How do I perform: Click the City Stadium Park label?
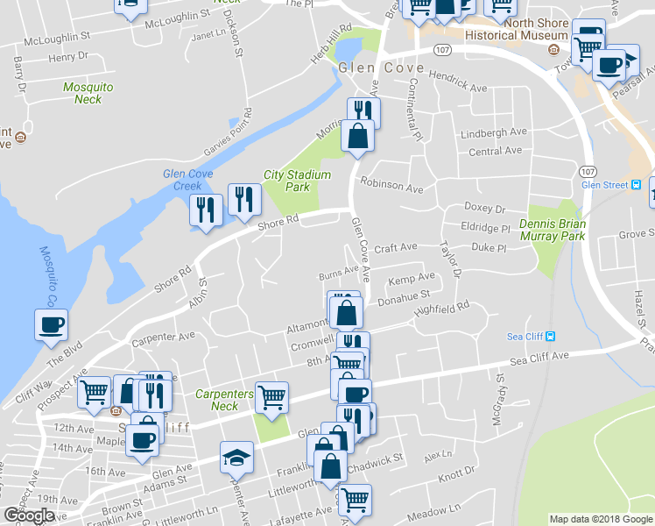pos(298,181)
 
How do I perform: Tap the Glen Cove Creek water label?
pos(188,180)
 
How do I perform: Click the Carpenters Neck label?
pos(224,400)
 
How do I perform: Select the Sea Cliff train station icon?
pos(549,337)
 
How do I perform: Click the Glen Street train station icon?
pos(637,184)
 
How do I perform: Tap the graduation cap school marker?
pos(236,458)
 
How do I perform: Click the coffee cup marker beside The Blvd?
pos(51,325)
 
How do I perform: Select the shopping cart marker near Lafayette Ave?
pos(355,500)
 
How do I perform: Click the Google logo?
pos(29,515)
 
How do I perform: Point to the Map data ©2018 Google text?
pos(601,519)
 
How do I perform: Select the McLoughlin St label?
pos(58,39)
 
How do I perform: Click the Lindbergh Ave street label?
pos(494,132)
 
